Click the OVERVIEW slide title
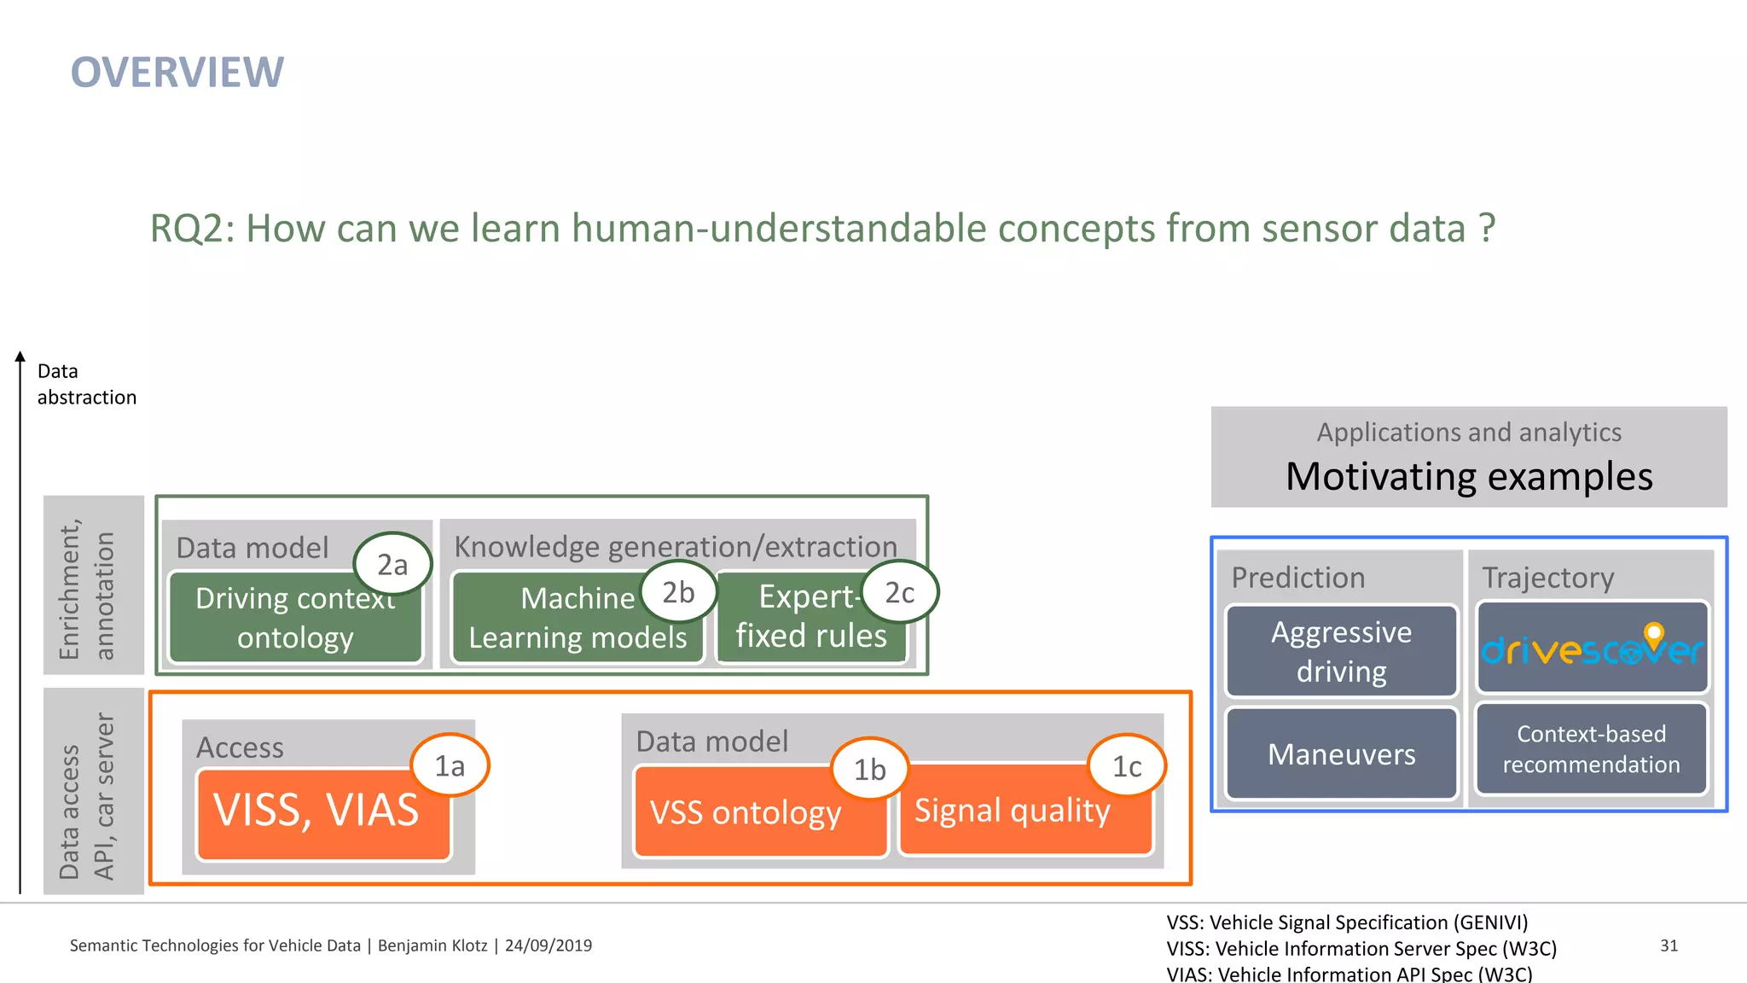point(177,73)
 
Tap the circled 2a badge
point(392,564)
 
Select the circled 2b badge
point(678,591)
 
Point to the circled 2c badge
point(899,591)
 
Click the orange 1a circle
point(450,765)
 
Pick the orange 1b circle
point(869,769)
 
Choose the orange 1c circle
point(1127,765)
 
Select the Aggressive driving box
point(1341,651)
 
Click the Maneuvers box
point(1341,753)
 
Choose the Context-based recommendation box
point(1591,749)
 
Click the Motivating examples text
point(1469,477)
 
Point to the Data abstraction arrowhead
point(20,357)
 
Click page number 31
point(1669,945)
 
